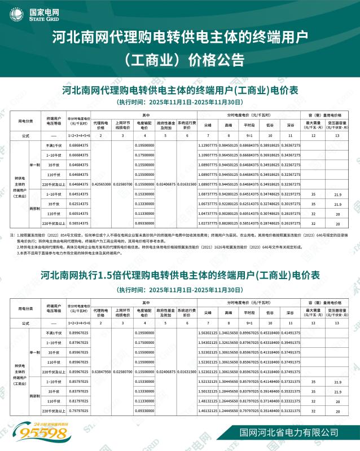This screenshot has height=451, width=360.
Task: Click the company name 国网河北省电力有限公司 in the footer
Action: pyautogui.click(x=284, y=432)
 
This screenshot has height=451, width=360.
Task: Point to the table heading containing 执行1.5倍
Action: pyautogui.click(x=180, y=276)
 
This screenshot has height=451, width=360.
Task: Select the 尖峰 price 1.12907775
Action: pyautogui.click(x=208, y=145)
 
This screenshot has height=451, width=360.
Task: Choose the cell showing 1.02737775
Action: pyautogui.click(x=208, y=223)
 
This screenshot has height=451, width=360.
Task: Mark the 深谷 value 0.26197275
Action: pyautogui.click(x=289, y=223)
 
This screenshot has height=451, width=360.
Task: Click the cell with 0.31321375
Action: pyautogui.click(x=289, y=411)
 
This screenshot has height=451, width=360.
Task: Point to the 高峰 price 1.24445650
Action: pyautogui.click(x=229, y=411)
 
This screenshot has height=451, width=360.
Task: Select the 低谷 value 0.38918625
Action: pyautogui.click(x=269, y=145)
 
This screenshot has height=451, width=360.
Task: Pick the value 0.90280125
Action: pyautogui.click(x=229, y=213)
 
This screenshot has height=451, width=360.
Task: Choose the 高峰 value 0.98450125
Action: pyautogui.click(x=229, y=145)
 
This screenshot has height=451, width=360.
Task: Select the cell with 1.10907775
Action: pyautogui.click(x=208, y=155)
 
